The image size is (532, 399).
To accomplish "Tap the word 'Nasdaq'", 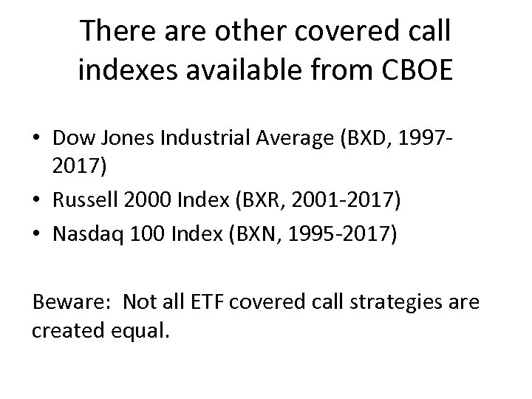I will (x=89, y=235).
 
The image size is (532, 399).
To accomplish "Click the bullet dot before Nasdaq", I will (x=38, y=235).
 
